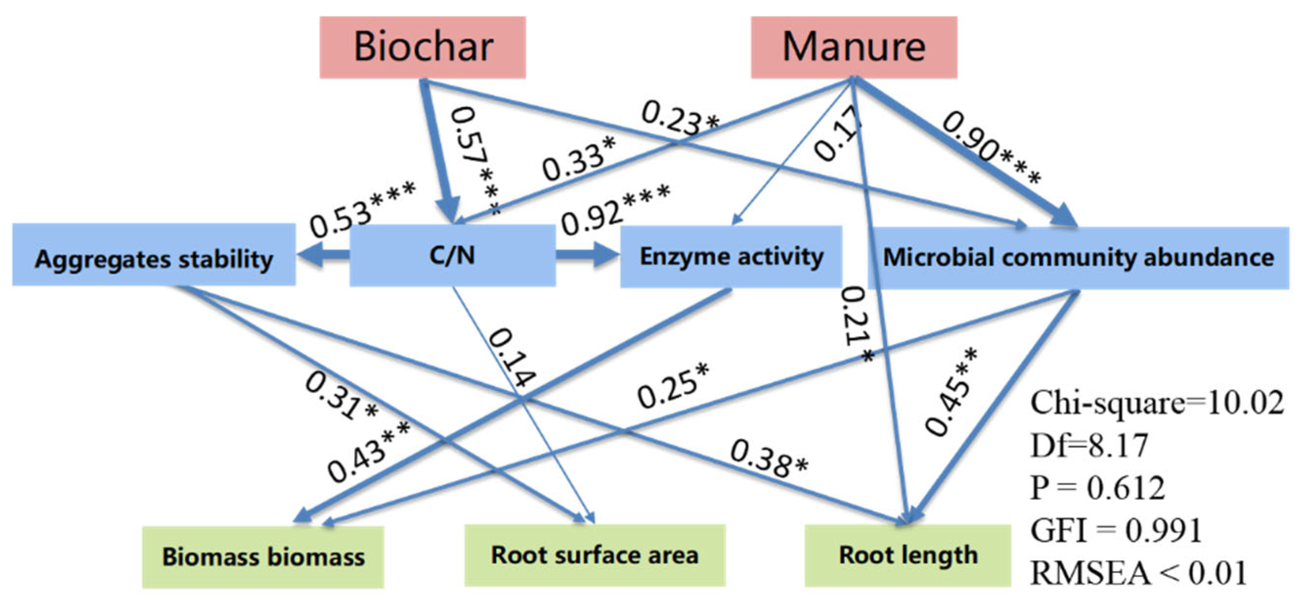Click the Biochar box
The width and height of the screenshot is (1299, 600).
(423, 47)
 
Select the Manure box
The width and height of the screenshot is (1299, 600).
(854, 47)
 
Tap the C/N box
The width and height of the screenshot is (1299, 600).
(453, 255)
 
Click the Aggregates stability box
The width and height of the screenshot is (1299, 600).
(154, 259)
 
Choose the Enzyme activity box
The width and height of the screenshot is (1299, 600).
(731, 256)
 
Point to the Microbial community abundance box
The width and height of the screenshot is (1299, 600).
(1078, 257)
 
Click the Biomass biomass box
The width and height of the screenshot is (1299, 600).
(263, 556)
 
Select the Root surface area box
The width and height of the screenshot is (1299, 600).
(595, 555)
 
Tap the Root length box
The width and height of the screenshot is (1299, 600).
(908, 555)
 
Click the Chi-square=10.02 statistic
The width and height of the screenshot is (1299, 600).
(1156, 403)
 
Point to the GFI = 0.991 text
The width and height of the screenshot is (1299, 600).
(1115, 531)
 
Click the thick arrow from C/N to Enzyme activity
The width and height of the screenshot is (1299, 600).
(587, 254)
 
